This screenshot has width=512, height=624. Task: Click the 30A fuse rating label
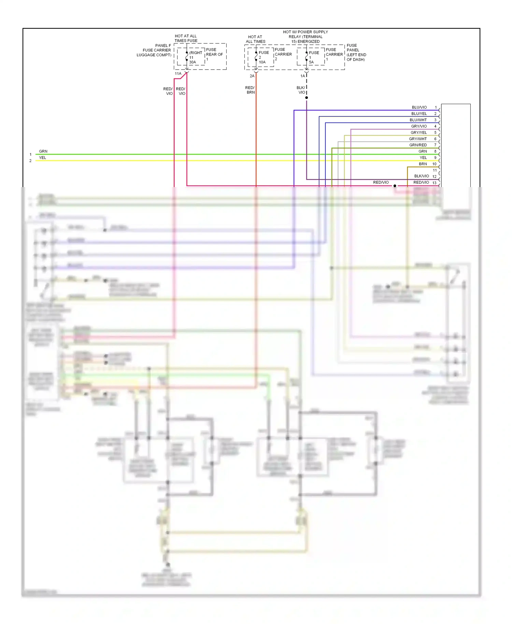point(193,62)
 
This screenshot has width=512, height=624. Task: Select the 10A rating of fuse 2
point(262,62)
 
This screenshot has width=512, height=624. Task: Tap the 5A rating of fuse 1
point(311,62)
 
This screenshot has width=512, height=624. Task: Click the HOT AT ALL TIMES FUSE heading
point(186,38)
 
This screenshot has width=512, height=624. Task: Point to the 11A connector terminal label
point(178,74)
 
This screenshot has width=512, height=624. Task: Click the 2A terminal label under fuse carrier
point(252,76)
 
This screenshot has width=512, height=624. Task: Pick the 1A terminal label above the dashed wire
point(302,76)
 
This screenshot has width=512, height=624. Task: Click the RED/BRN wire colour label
point(250,90)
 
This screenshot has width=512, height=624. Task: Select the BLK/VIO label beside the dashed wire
point(301,90)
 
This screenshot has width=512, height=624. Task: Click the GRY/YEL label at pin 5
point(418,133)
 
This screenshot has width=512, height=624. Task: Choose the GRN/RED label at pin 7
point(418,145)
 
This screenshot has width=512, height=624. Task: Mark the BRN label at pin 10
point(423,164)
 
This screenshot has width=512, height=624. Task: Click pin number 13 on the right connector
point(434,183)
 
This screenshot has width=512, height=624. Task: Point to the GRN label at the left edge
point(43,152)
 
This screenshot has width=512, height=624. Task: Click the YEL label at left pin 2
point(42,158)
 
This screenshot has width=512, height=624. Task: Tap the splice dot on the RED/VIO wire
point(395,186)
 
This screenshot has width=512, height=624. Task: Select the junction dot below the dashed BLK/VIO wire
point(307,98)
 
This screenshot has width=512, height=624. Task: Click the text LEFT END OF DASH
point(356,57)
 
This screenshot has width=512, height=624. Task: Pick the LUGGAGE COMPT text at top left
point(154,55)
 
